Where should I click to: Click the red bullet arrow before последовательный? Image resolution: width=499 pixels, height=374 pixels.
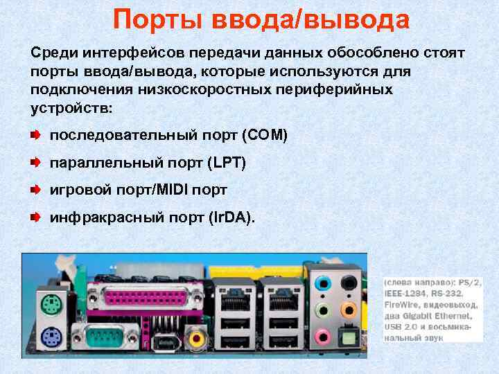35,134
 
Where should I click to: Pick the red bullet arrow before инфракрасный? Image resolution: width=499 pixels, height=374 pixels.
35,217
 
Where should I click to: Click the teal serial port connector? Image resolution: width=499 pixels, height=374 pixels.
112,339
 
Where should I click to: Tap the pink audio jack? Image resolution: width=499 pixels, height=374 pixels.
322,336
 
